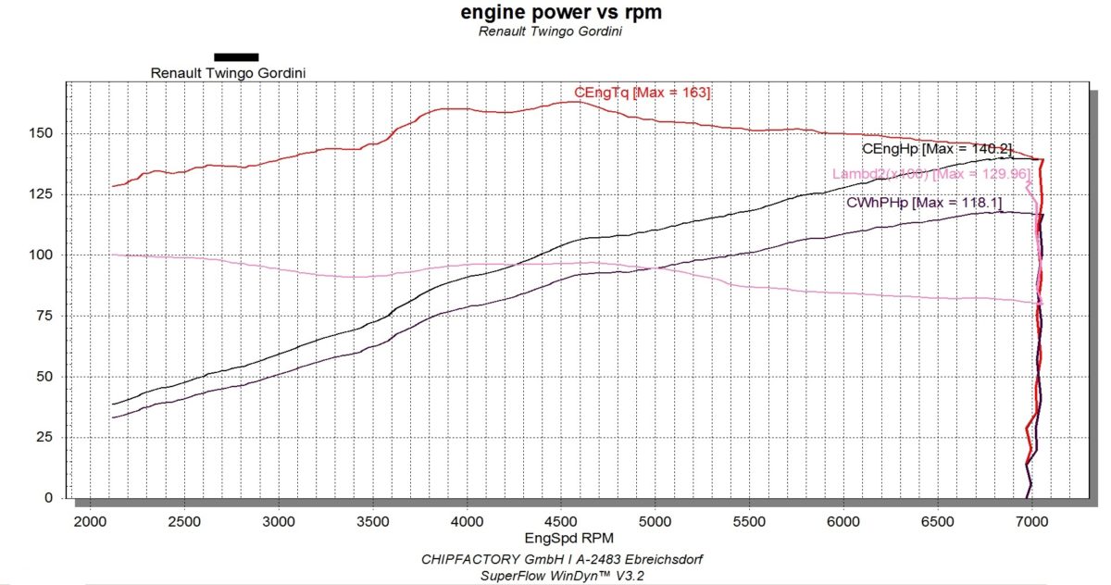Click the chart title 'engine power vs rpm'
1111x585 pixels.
click(561, 12)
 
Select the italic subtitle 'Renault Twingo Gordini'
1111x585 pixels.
click(550, 31)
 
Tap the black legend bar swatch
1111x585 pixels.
click(236, 56)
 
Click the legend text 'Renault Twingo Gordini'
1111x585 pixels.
click(228, 72)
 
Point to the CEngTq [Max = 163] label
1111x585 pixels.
click(642, 93)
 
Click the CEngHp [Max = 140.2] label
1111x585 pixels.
click(937, 149)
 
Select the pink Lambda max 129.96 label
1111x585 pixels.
click(930, 173)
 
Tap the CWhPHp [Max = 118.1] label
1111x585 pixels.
click(923, 203)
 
